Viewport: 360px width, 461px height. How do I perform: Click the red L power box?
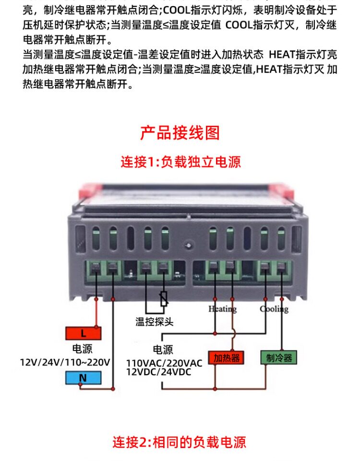tap(83, 333)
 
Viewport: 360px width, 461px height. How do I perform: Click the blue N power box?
tap(83, 378)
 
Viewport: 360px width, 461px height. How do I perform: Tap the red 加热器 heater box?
tap(226, 358)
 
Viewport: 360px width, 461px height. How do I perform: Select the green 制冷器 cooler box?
tap(279, 358)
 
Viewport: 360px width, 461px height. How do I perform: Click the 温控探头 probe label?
tap(154, 322)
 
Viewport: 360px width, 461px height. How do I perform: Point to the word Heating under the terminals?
tap(222, 309)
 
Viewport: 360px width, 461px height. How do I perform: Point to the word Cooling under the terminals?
tap(274, 309)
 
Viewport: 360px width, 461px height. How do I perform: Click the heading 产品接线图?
tap(180, 133)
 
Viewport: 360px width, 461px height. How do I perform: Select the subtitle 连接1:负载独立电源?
tap(180, 162)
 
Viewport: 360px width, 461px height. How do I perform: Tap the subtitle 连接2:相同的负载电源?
tap(180, 441)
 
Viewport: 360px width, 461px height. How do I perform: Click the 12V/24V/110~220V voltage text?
tap(65, 362)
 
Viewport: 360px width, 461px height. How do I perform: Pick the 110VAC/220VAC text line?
tap(164, 363)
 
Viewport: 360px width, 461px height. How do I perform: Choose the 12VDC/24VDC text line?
tap(158, 372)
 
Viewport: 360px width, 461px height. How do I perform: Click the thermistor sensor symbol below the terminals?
tap(164, 299)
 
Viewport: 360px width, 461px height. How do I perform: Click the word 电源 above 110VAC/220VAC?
tap(163, 350)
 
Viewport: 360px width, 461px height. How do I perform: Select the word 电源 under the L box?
tap(82, 349)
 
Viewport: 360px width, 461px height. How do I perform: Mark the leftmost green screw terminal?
tap(96, 271)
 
